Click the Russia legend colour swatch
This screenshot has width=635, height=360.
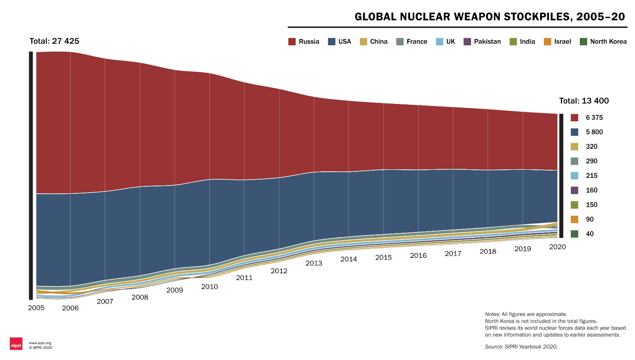point(292,42)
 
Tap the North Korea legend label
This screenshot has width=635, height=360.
point(608,42)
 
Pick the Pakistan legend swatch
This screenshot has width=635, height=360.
point(467,42)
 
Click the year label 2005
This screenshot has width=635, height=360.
point(36,308)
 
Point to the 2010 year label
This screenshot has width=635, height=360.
point(209,287)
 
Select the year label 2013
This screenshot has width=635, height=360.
point(314,263)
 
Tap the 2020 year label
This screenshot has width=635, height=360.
point(557,247)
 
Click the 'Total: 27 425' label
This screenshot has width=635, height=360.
point(54,41)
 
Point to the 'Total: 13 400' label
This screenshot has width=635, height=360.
point(584,101)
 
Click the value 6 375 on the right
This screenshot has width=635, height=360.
point(594,117)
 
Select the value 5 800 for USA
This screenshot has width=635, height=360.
point(594,132)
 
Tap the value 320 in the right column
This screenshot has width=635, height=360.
point(591,147)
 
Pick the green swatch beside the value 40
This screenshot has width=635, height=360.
point(574,234)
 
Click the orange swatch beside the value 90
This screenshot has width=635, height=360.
point(574,219)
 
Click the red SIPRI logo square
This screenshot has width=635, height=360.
point(16,343)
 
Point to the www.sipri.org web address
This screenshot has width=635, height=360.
point(40,343)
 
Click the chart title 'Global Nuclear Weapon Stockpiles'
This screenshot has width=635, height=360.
point(490,17)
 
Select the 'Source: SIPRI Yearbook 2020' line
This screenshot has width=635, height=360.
point(521,347)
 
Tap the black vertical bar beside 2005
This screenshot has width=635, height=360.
point(31,175)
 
